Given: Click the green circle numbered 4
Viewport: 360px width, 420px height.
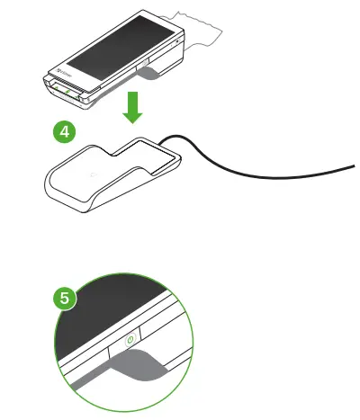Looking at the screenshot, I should point(63,131).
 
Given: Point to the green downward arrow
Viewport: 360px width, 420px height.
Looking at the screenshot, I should point(132,105).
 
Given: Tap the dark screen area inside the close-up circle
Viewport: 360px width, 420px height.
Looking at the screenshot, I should point(108,306).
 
